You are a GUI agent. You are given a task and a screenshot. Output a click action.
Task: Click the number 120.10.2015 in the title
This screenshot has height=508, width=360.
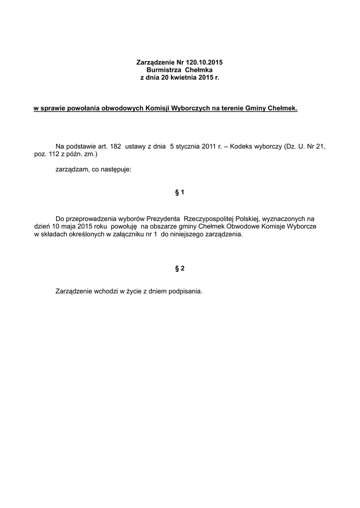pos(204,63)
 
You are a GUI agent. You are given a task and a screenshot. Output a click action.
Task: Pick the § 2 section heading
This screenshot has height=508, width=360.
pos(180,268)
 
